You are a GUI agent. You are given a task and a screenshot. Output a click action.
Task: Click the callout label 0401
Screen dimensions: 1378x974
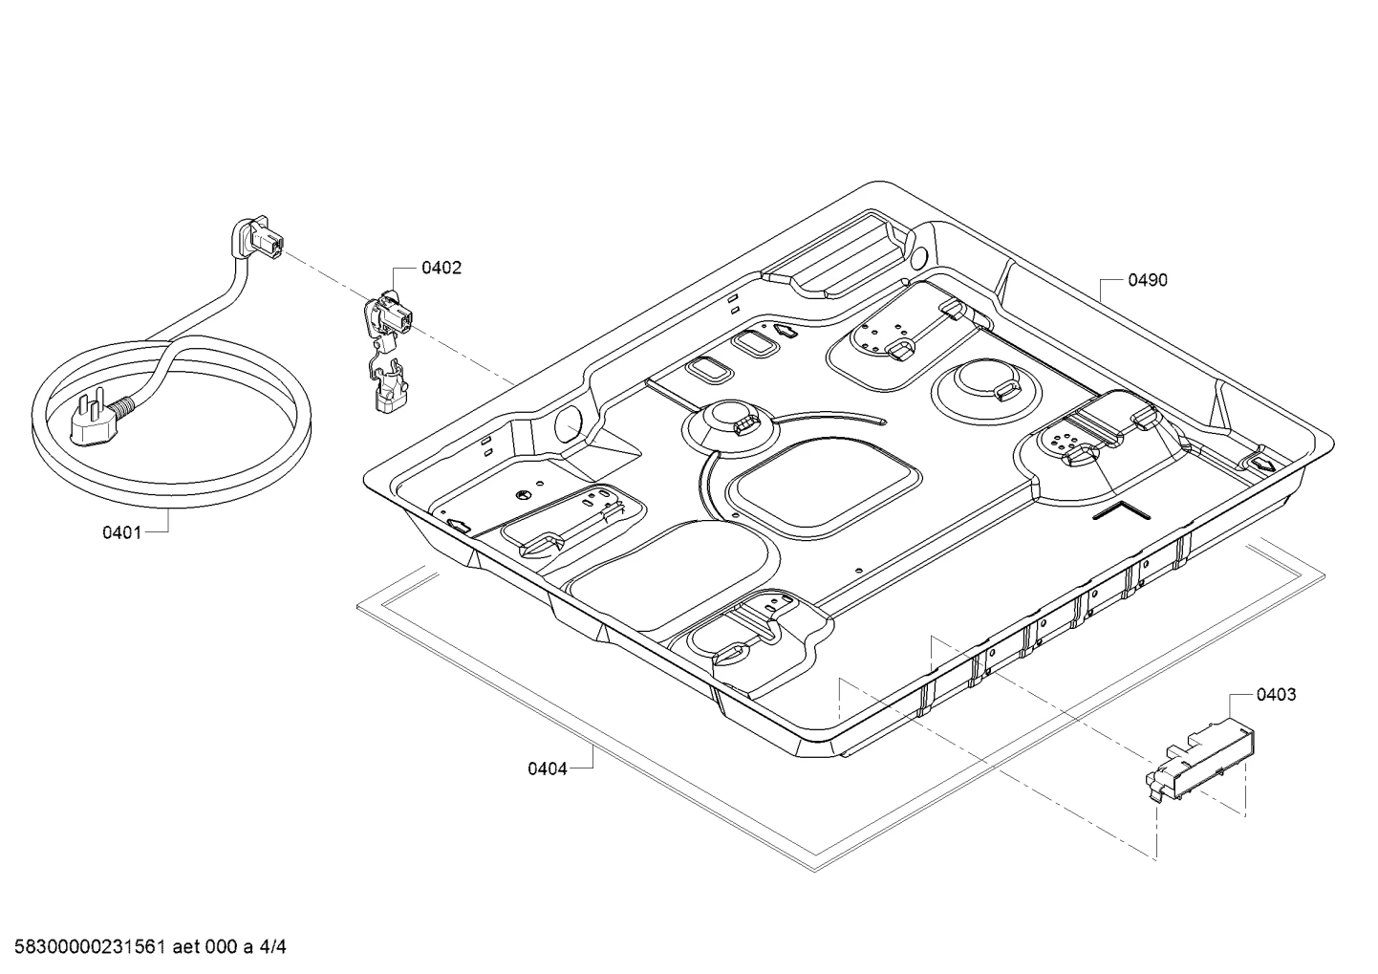pyautogui.click(x=121, y=532)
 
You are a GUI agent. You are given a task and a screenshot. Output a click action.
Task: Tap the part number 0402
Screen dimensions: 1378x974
pyautogui.click(x=441, y=269)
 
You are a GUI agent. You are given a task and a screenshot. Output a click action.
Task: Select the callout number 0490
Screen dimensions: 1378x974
pyautogui.click(x=1148, y=281)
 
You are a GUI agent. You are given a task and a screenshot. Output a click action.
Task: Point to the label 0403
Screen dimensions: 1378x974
pyautogui.click(x=1276, y=695)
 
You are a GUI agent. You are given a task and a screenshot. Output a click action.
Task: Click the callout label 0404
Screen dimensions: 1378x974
pyautogui.click(x=548, y=769)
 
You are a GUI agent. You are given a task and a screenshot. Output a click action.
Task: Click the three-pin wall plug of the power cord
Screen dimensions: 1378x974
pyautogui.click(x=98, y=420)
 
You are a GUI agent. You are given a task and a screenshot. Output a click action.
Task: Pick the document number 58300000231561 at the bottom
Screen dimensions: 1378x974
pyautogui.click(x=89, y=947)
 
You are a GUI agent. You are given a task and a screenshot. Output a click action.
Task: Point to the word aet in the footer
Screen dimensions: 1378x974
pyautogui.click(x=185, y=947)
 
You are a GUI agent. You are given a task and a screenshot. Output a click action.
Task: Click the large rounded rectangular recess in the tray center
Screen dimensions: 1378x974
pyautogui.click(x=825, y=489)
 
